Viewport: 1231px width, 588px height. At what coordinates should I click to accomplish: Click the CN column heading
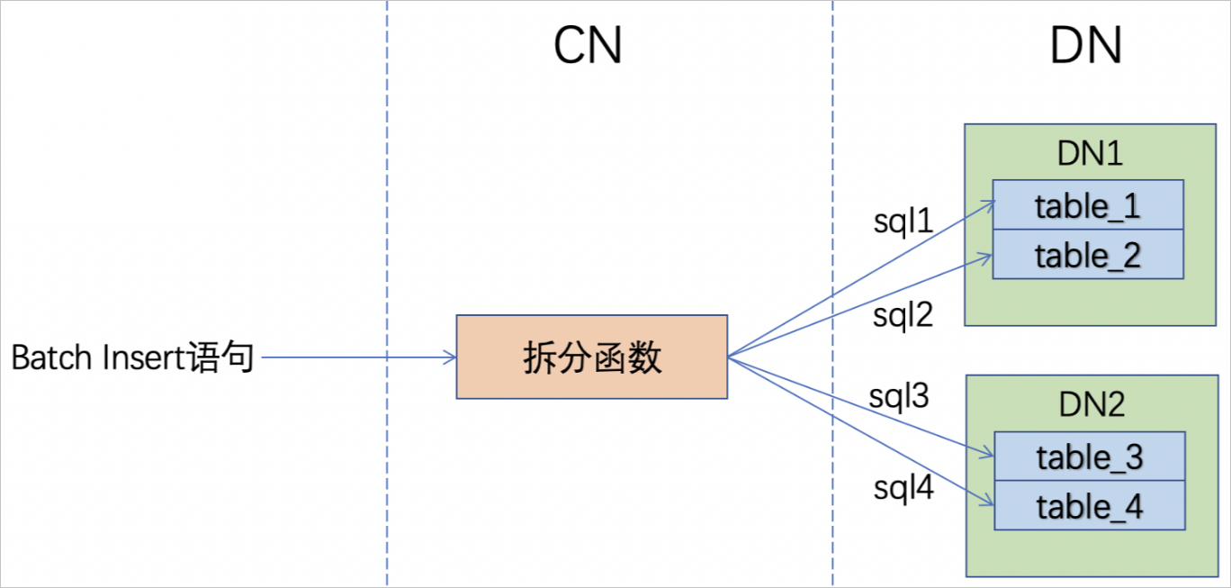click(x=588, y=45)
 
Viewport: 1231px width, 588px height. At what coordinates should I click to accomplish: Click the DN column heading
click(x=1085, y=45)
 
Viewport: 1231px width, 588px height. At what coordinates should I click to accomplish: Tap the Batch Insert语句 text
click(x=132, y=358)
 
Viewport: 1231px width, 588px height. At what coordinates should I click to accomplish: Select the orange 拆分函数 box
click(x=591, y=357)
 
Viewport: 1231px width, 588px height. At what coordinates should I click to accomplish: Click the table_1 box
click(x=1088, y=205)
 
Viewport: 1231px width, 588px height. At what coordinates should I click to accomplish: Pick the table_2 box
click(x=1088, y=255)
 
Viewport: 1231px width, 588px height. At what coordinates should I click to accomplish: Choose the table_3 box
click(x=1089, y=457)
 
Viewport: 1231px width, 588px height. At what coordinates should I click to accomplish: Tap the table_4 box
click(x=1089, y=506)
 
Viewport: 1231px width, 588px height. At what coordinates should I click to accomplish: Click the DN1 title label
click(x=1090, y=154)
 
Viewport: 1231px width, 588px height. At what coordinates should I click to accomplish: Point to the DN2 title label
click(x=1091, y=404)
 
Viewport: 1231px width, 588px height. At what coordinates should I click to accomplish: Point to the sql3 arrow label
click(x=898, y=396)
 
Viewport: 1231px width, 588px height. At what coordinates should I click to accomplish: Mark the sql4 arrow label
click(x=903, y=488)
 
